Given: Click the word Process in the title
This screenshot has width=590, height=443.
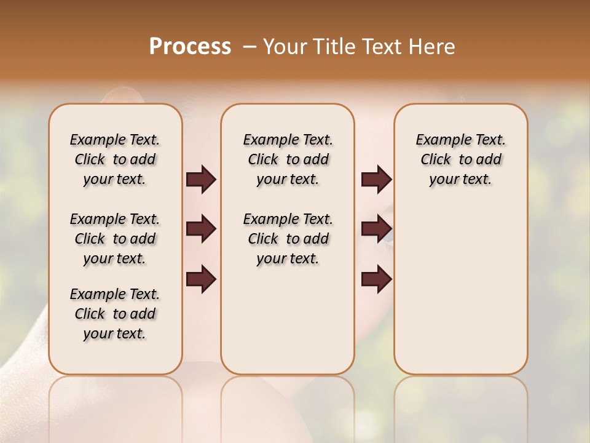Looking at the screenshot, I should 190,47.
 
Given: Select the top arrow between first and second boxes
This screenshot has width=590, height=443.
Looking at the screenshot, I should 201,180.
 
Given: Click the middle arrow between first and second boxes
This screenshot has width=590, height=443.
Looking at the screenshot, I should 201,229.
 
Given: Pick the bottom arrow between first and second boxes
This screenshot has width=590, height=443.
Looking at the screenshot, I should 201,279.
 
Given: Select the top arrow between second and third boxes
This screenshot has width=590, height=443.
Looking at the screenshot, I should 376,180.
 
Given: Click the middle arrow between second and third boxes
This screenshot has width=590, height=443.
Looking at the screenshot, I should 376,229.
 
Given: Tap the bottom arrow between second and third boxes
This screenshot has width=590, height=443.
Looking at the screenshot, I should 376,279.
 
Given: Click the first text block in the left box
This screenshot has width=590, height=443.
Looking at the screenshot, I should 115,160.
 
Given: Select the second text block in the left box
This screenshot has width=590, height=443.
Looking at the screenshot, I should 115,239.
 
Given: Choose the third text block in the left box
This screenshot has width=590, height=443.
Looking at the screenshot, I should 115,314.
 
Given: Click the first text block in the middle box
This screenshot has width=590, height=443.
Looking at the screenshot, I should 288,160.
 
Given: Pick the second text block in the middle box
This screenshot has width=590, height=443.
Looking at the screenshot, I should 288,239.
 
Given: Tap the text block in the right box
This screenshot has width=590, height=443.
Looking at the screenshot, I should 460,160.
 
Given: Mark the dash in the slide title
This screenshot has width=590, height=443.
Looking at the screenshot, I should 249,47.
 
